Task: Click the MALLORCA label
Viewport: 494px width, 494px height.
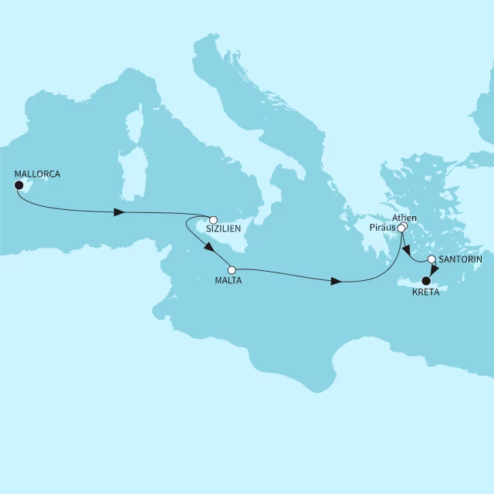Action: point(37,174)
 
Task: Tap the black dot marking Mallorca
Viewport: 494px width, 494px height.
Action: point(19,185)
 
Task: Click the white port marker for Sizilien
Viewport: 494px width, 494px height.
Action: point(214,219)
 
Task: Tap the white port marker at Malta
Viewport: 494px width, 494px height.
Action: point(232,270)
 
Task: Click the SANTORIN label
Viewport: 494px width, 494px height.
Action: point(460,259)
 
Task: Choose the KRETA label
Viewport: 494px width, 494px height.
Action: point(426,293)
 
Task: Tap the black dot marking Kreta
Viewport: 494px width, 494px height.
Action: point(425,281)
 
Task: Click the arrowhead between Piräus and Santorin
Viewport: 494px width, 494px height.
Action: point(405,250)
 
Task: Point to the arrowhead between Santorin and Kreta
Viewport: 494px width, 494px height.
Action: point(434,270)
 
